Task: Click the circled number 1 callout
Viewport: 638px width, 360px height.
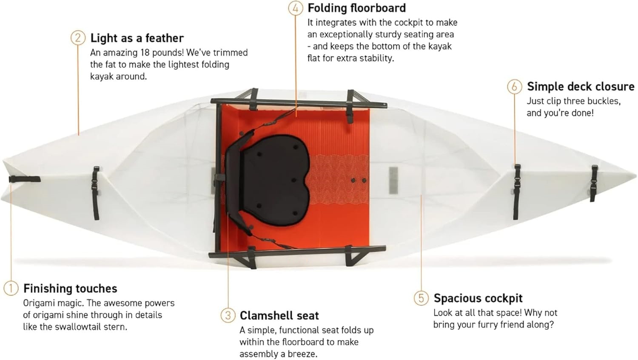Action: pos(11,288)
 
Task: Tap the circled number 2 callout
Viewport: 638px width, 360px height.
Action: pos(78,38)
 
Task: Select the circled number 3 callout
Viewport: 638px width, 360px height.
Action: pos(228,315)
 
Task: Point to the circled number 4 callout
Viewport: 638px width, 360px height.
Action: pos(296,8)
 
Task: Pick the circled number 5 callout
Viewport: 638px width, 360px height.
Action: pos(421,298)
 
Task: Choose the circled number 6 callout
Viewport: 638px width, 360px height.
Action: pos(514,87)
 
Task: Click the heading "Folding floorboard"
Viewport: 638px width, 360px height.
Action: pos(356,8)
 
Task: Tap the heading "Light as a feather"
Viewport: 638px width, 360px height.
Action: pos(137,38)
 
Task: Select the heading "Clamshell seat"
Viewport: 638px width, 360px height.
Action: pos(279,315)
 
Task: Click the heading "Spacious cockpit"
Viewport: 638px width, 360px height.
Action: pos(478,298)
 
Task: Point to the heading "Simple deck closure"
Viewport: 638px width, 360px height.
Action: pos(581,87)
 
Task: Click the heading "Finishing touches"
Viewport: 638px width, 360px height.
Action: pos(70,288)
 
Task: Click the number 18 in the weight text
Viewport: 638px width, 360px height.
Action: pos(145,53)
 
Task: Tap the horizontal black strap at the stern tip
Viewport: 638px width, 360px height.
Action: pos(25,179)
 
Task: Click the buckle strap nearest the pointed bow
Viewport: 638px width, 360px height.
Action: pos(593,183)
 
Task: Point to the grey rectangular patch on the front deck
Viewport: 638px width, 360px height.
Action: pos(393,181)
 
